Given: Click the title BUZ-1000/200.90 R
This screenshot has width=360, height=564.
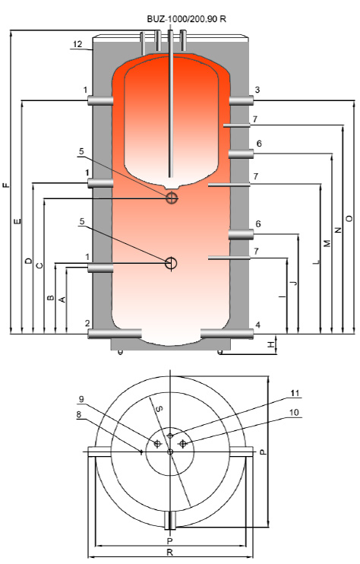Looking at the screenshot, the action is point(187,19).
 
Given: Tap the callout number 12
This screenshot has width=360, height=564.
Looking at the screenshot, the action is point(77,44).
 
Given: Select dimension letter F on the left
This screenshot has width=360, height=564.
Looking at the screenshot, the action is point(6,185).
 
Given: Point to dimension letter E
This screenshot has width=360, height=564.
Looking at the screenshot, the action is point(17,221).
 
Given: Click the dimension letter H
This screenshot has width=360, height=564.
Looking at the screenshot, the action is point(271,344).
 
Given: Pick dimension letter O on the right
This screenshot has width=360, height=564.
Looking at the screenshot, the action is point(349,218).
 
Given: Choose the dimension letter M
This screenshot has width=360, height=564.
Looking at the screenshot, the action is point(327,243).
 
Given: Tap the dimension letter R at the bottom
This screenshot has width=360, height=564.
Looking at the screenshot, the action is point(170,552).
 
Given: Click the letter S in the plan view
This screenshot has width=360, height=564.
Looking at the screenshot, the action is point(159,408).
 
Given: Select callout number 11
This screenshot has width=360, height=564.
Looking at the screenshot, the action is point(295,393).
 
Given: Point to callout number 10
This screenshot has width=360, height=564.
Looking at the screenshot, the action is point(294,412).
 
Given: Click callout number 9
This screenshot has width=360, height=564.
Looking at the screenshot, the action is point(81,399).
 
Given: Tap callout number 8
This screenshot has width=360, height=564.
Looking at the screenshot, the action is point(79,415).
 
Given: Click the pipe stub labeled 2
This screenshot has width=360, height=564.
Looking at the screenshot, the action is point(115,334).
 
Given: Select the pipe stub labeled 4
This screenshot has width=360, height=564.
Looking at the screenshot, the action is point(226,334).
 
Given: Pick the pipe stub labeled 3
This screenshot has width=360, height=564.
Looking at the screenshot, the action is point(241,100).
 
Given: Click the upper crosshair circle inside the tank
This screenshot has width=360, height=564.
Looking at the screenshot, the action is point(172,198).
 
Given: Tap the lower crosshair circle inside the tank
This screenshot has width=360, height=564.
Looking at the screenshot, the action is point(171,263).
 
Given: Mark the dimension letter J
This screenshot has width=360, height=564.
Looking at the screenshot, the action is point(294,282).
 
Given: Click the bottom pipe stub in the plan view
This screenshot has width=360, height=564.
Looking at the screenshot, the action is point(171,520).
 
